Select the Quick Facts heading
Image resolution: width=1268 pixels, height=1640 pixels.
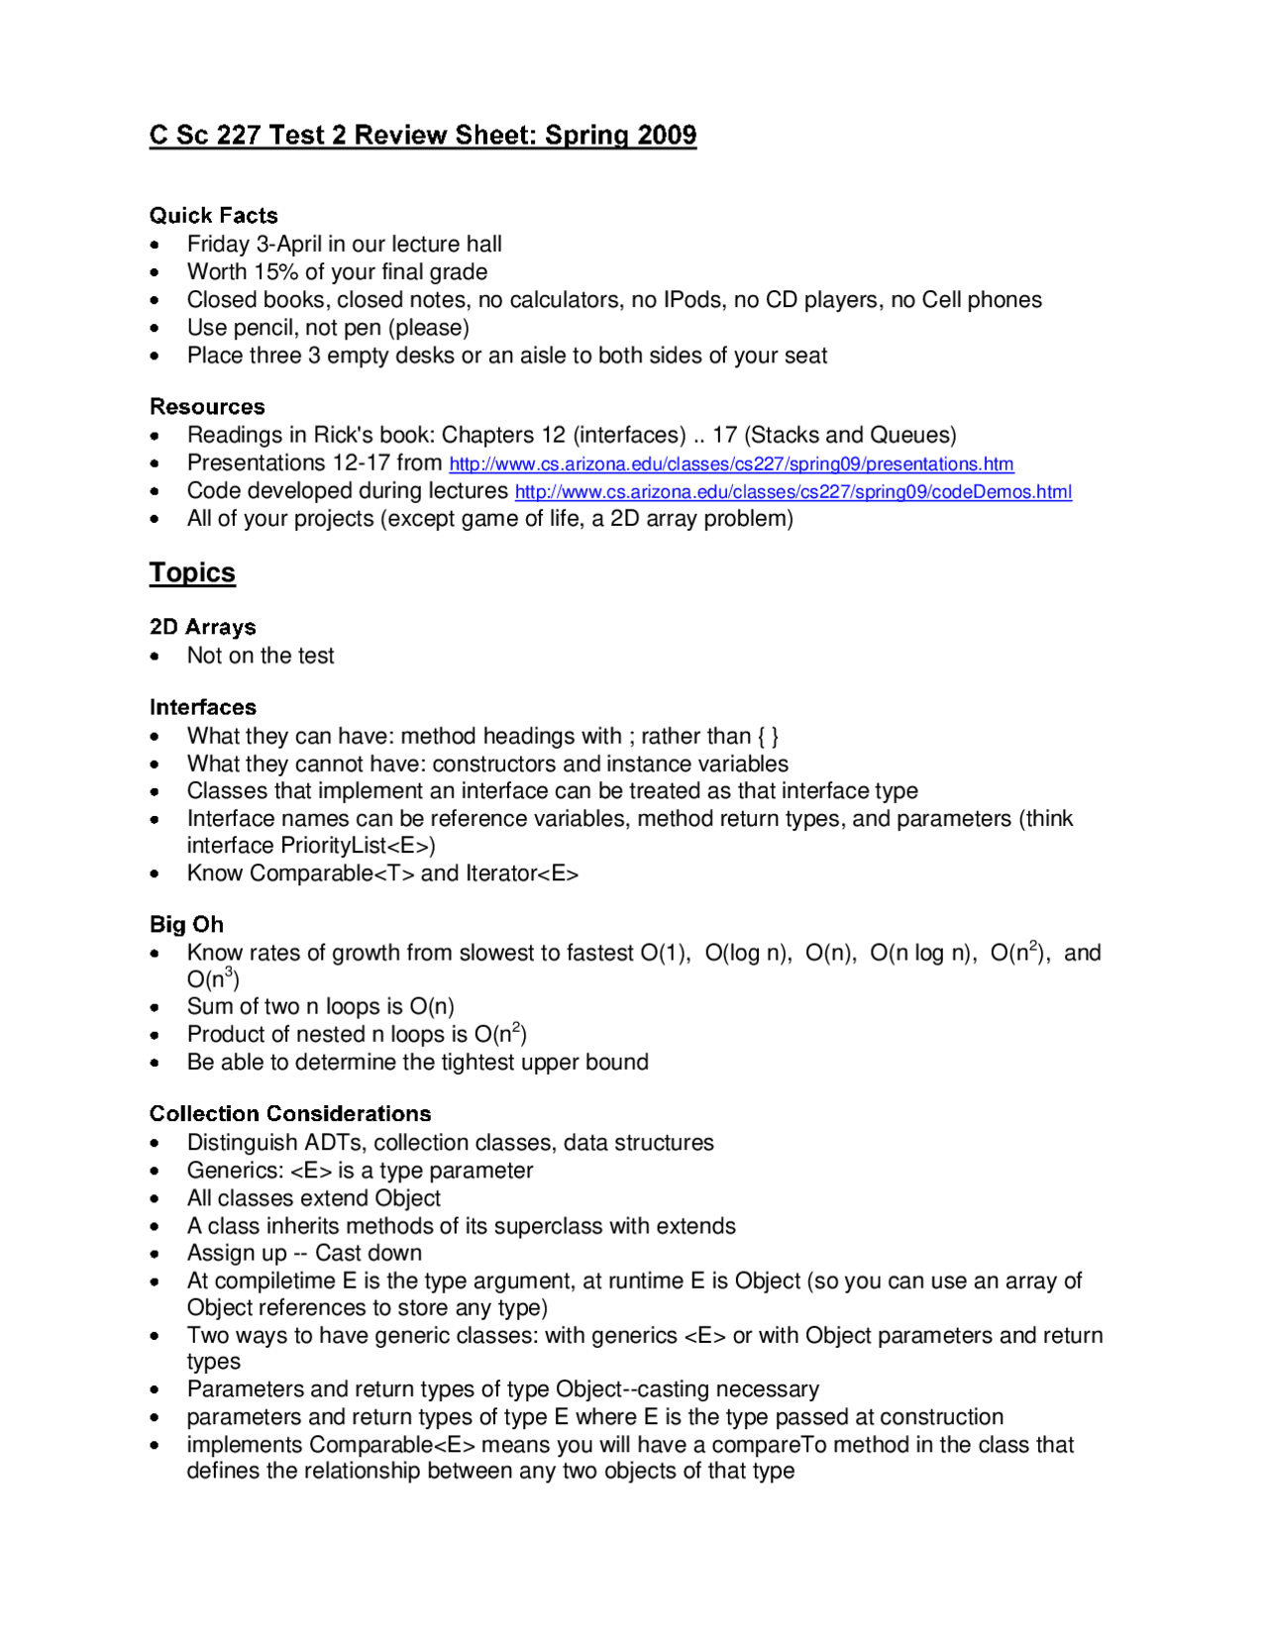pyautogui.click(x=213, y=216)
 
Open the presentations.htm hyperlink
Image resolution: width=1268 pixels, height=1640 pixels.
pyautogui.click(x=731, y=464)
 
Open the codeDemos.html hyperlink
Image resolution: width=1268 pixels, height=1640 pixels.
pyautogui.click(x=792, y=492)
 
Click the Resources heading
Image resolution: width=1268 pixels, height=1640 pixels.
pyautogui.click(x=207, y=407)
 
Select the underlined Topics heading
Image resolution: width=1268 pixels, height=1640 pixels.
pyautogui.click(x=192, y=573)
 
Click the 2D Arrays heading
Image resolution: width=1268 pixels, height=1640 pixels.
pyautogui.click(x=202, y=628)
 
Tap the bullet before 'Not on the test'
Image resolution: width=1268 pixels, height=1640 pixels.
pyautogui.click(x=155, y=657)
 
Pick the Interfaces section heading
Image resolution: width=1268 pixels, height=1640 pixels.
pyautogui.click(x=202, y=708)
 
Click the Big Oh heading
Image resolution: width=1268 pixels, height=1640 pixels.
pyautogui.click(x=186, y=925)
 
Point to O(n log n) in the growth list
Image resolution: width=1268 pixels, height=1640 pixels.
pyautogui.click(x=920, y=954)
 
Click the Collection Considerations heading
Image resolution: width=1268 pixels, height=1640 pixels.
pyautogui.click(x=290, y=1114)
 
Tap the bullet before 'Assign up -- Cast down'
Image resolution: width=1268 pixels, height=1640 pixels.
pyautogui.click(x=155, y=1255)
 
